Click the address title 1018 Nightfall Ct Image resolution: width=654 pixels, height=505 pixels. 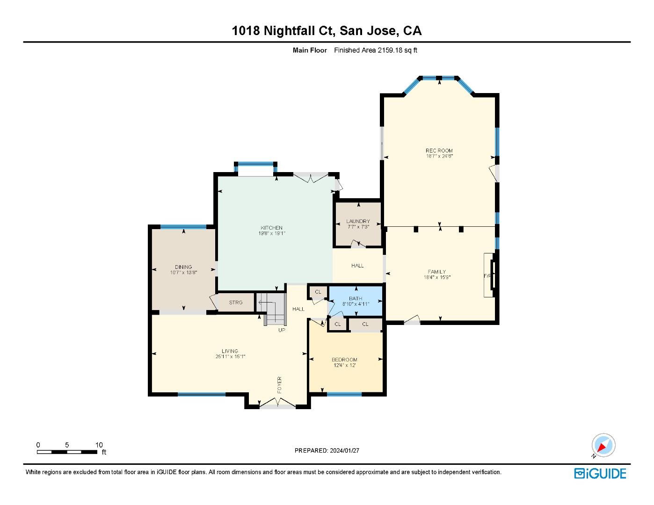coord(327,31)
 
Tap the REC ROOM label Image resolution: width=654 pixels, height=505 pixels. coord(439,151)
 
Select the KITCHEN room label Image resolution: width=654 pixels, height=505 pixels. coord(271,228)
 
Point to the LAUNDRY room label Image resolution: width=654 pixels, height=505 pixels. coord(358,221)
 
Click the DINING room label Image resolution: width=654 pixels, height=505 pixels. coord(183,267)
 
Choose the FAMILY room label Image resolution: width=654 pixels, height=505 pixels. coord(436,272)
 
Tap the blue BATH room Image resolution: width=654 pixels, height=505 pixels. coord(356,301)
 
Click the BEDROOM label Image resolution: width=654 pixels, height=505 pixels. coord(344,360)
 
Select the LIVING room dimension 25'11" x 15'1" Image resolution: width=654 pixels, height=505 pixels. coord(230,357)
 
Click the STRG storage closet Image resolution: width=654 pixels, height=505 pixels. coord(236,303)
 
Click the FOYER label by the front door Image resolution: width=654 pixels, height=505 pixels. coord(280,385)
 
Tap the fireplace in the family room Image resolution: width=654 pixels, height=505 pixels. coord(489,275)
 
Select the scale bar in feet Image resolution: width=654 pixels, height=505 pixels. coord(67,452)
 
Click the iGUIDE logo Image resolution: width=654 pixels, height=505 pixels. coord(600,473)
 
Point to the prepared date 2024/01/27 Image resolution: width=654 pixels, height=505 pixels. coord(327,451)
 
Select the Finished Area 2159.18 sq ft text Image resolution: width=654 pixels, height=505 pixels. coord(375,50)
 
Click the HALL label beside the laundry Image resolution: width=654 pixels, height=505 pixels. coord(357,266)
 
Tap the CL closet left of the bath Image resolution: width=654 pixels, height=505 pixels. coord(318,292)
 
